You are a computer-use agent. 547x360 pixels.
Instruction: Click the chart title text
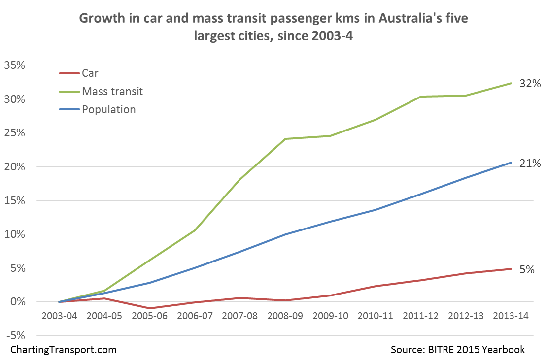pyautogui.click(x=273, y=27)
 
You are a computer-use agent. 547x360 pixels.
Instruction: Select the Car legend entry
pyautogui.click(x=90, y=74)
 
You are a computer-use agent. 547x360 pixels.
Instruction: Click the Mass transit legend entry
pyautogui.click(x=112, y=92)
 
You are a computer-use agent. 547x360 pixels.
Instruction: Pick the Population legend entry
pyautogui.click(x=108, y=109)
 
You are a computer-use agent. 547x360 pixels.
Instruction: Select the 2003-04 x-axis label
pyautogui.click(x=60, y=316)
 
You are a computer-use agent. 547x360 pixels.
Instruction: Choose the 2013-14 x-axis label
pyautogui.click(x=511, y=316)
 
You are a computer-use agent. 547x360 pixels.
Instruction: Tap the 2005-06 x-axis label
pyautogui.click(x=150, y=316)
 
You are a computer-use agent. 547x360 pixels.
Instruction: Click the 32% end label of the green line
pyautogui.click(x=530, y=84)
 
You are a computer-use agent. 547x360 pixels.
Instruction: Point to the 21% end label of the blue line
pyautogui.click(x=530, y=164)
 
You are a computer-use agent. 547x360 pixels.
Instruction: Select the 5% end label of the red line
pyautogui.click(x=527, y=270)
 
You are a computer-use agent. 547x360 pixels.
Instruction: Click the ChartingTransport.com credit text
pyautogui.click(x=64, y=350)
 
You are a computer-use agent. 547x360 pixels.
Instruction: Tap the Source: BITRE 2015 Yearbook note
pyautogui.click(x=458, y=350)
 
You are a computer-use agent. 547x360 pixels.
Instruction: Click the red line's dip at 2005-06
pyautogui.click(x=150, y=308)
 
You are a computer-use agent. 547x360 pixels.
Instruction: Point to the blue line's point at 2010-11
pyautogui.click(x=376, y=210)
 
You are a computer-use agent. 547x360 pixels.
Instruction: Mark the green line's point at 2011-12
pyautogui.click(x=421, y=97)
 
